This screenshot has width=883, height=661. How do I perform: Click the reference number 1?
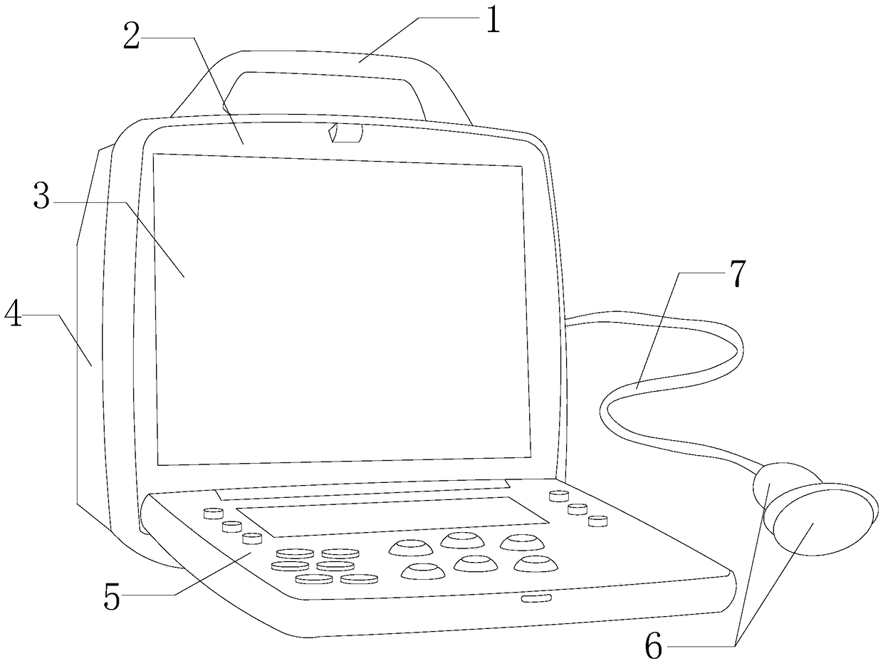(491, 21)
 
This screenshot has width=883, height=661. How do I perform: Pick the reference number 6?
(654, 647)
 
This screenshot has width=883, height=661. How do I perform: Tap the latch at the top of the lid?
(347, 133)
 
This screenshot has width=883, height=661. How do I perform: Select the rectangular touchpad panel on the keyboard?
(392, 516)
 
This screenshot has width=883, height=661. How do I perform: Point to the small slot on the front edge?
(536, 599)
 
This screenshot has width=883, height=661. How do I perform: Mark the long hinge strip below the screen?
(362, 488)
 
